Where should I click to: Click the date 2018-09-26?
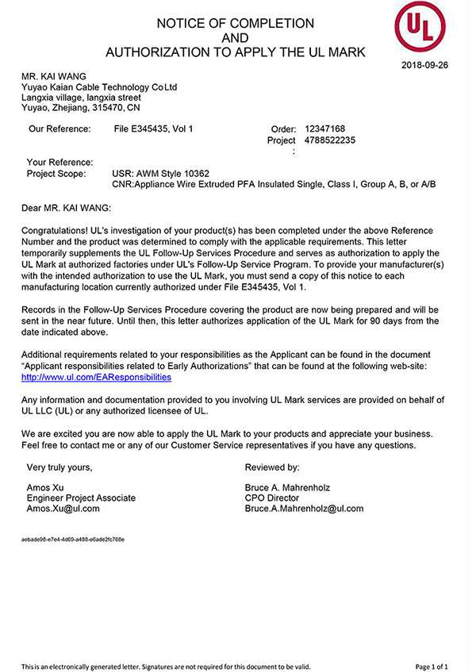(x=425, y=65)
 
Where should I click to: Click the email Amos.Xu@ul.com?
(x=63, y=509)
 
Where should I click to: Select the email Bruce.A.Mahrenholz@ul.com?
(x=304, y=509)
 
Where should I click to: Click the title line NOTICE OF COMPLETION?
(x=235, y=24)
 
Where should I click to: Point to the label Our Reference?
(x=59, y=129)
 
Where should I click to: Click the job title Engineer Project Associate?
(x=81, y=497)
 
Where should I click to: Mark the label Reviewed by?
(x=272, y=467)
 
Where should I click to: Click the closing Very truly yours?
(x=64, y=467)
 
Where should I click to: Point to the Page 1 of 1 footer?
(x=436, y=666)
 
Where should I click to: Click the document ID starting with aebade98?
(x=73, y=539)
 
